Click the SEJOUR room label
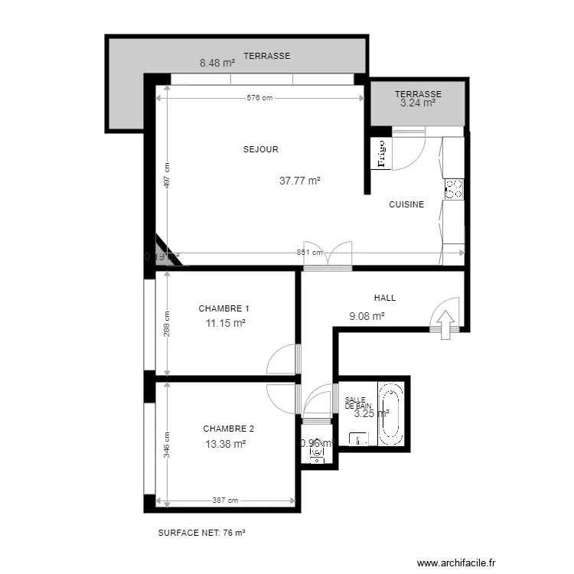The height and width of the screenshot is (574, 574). [x=261, y=150]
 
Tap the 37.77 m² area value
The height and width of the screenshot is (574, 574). [x=299, y=181]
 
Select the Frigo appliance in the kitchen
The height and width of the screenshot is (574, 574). [x=380, y=154]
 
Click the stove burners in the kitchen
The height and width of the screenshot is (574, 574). [x=454, y=189]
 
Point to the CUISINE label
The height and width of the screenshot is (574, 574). [x=406, y=205]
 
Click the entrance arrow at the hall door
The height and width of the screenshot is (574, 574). [x=445, y=320]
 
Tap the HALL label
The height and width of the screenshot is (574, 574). [x=385, y=298]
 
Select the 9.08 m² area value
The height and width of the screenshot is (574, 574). [x=367, y=315]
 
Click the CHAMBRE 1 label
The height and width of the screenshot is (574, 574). [x=223, y=308]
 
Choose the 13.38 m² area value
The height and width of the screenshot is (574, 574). [x=225, y=444]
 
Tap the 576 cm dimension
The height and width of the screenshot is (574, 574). [x=259, y=98]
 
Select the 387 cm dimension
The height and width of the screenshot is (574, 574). [x=225, y=501]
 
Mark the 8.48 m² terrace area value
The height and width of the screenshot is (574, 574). [x=217, y=64]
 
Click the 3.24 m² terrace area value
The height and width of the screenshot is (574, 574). [x=418, y=103]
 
